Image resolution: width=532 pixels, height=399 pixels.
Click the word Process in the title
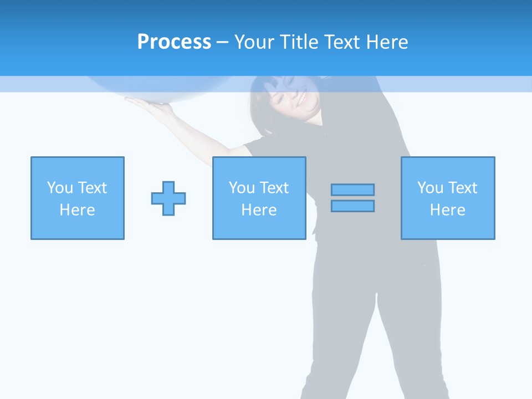point(174,42)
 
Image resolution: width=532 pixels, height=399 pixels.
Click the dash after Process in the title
point(222,43)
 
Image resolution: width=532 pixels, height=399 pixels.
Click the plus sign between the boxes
point(168,198)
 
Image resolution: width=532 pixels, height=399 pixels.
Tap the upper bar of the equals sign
point(352,190)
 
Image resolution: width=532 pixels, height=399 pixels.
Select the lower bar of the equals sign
point(352,206)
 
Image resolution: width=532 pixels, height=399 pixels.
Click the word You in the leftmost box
point(60,188)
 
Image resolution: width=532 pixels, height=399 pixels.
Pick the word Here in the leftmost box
point(77,210)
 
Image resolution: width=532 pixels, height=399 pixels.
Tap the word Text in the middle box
point(274,188)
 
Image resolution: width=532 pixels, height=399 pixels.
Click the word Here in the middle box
point(259,210)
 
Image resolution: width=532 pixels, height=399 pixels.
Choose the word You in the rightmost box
point(430,188)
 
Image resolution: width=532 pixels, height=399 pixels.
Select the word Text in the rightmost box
point(462,188)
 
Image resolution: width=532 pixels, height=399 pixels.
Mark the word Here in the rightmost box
point(447,210)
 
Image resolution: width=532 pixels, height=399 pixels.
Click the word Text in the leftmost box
point(92,188)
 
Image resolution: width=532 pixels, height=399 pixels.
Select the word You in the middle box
point(242,188)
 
